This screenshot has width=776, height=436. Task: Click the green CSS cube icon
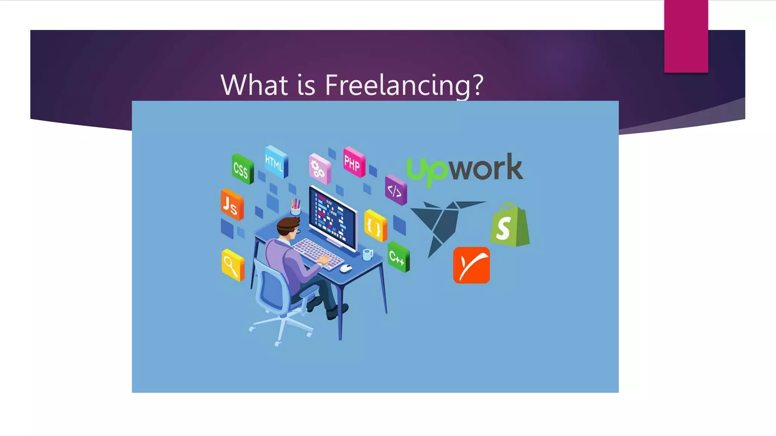coord(242,169)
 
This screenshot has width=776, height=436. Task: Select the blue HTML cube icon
coord(275,162)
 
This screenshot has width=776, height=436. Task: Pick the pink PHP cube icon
coord(354,162)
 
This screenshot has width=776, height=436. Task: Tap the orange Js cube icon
coord(232,204)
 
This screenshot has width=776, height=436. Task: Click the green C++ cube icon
coord(398,257)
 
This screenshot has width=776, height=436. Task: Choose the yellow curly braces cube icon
coord(375,226)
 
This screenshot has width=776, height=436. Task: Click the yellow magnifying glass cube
coord(232,265)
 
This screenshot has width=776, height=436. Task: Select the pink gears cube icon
coord(319,169)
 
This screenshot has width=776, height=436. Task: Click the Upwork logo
coord(465,169)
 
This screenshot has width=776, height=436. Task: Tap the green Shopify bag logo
coord(509,225)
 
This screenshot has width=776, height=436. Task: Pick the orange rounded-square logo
coord(471,265)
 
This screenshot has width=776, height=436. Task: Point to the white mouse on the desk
coord(346,268)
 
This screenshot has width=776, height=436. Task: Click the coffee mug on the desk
coord(367,254)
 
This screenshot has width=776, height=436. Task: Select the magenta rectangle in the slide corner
coord(686,36)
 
